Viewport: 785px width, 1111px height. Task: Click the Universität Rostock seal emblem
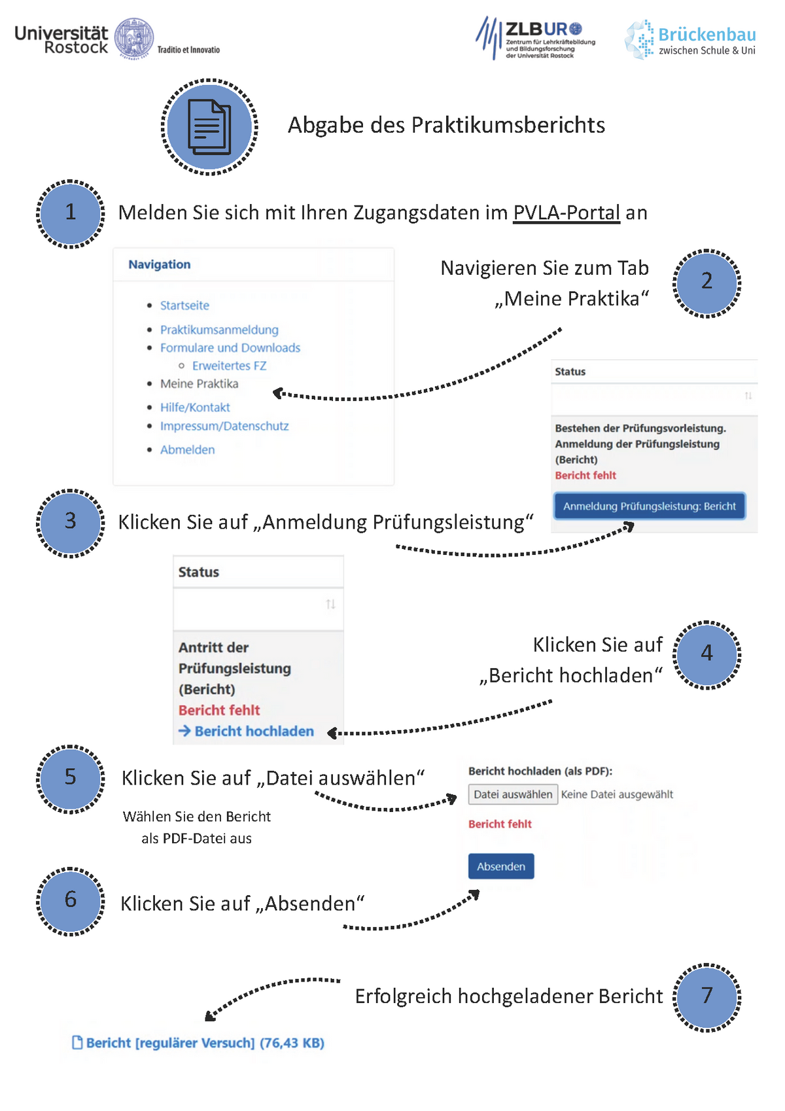(134, 38)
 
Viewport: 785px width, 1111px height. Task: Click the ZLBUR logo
(535, 38)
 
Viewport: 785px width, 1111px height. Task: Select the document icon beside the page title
(209, 127)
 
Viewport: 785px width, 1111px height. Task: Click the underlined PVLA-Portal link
(567, 213)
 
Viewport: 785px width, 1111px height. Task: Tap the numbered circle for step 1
(71, 214)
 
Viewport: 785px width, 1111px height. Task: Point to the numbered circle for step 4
(706, 655)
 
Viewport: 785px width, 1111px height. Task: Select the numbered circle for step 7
(706, 997)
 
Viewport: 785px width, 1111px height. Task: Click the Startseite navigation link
(184, 306)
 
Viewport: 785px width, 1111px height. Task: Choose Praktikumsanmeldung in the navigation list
(219, 330)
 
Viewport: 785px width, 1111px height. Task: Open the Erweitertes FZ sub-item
(229, 366)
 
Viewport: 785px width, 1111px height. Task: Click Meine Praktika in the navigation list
(199, 383)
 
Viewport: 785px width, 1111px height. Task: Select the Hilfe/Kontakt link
(195, 407)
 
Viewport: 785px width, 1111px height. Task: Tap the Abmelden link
(188, 450)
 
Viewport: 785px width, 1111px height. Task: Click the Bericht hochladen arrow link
(246, 731)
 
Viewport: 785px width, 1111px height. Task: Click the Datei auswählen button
(513, 794)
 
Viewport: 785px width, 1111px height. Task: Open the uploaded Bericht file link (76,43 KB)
(198, 1042)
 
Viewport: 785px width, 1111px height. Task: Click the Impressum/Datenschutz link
(224, 426)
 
